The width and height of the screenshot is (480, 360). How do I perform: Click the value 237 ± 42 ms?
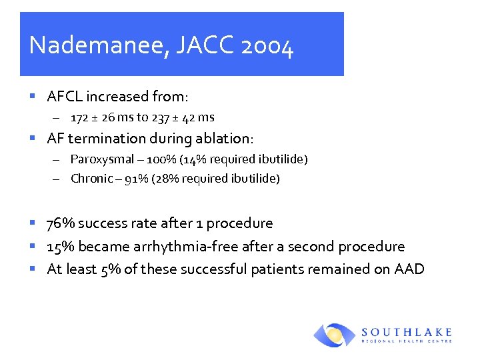tap(183, 118)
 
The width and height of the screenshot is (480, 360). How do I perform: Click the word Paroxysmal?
tap(97, 159)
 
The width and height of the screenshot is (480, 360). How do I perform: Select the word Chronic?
tap(91, 179)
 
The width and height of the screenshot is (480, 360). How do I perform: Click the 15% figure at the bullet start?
tap(59, 247)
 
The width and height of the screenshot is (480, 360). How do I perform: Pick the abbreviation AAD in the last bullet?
tap(408, 269)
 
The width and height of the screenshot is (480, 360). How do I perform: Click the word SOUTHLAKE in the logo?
tap(406, 332)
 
